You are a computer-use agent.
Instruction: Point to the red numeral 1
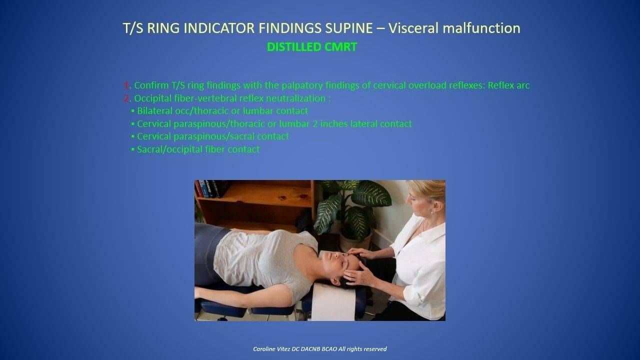click(126, 85)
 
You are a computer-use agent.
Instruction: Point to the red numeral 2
click(126, 98)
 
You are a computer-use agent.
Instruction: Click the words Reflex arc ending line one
click(508, 85)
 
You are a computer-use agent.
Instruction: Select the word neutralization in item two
click(295, 98)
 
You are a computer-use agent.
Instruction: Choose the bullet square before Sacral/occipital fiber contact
click(132, 149)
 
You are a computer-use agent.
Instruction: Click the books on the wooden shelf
click(207, 189)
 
